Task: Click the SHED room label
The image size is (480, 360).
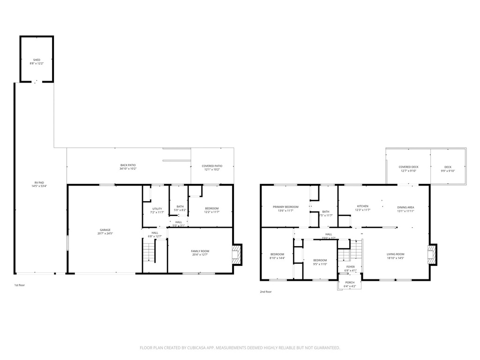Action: [37, 60]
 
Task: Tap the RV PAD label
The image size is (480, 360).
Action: [35, 183]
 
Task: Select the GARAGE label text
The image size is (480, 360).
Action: [105, 230]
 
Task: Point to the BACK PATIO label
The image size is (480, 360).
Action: [128, 165]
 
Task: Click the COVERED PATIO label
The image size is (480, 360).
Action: [212, 165]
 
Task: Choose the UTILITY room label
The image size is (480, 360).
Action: [157, 209]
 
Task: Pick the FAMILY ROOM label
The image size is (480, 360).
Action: [200, 251]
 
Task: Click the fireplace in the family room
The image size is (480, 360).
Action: [237, 255]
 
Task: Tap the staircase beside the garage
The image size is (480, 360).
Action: [149, 255]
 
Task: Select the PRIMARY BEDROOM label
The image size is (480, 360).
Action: [286, 207]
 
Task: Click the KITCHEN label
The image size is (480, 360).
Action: [363, 206]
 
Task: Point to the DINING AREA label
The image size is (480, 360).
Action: [405, 207]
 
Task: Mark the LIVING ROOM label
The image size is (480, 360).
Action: [395, 254]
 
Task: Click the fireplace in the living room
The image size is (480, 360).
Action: [432, 255]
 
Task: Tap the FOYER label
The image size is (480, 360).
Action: [351, 267]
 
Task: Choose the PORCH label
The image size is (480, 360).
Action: [350, 283]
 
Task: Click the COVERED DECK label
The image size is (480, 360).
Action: [408, 167]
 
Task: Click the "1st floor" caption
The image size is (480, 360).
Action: [19, 285]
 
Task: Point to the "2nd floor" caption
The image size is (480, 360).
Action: [266, 292]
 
